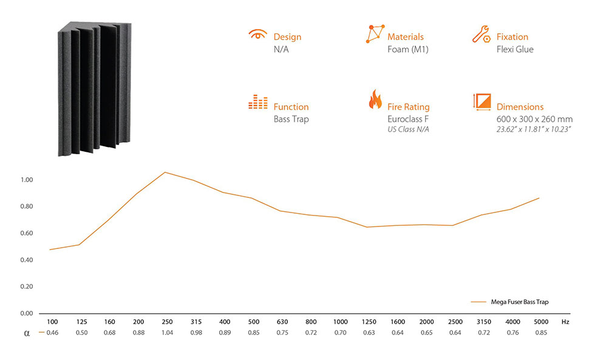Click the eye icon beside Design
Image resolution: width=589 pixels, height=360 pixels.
pos(257,34)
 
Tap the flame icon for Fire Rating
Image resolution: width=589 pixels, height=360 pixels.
pos(375,99)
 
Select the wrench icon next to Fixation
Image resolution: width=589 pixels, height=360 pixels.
pos(481,34)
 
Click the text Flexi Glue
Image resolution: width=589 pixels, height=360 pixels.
pos(515,49)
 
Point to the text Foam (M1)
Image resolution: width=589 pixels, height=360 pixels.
pos(407,49)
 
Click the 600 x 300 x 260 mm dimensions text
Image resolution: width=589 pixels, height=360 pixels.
pos(534,119)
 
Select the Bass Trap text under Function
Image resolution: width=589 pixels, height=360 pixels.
pos(291,120)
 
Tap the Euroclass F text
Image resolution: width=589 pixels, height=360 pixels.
pos(408,119)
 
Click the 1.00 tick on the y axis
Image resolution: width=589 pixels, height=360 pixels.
pos(27,180)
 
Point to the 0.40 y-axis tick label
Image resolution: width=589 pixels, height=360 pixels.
pos(27,260)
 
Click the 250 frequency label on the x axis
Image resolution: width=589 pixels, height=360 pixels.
pos(167,322)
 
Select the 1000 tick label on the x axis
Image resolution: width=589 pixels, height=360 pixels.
pos(340,322)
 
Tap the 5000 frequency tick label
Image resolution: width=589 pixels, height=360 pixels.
pos(541,322)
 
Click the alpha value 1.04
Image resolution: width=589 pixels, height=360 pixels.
pos(167,333)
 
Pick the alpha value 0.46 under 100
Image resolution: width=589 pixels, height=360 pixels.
pos(52,333)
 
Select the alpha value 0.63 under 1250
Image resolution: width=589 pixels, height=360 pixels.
pos(369,333)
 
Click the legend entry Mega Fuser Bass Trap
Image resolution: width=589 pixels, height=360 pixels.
pos(520,302)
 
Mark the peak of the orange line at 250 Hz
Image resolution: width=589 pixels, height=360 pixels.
pos(165,172)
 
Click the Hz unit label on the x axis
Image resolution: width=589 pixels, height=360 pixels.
pos(565,322)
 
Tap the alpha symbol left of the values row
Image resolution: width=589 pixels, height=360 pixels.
pos(27,333)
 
